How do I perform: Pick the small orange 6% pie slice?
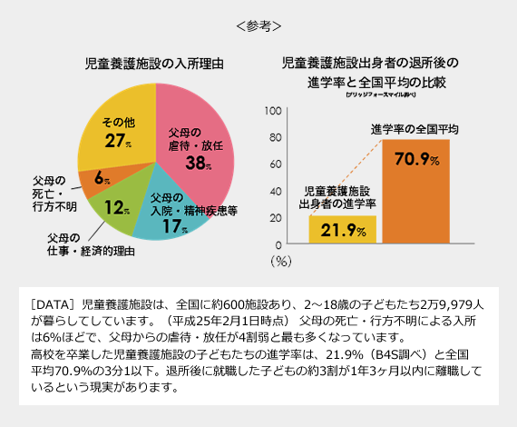pos(98,177)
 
